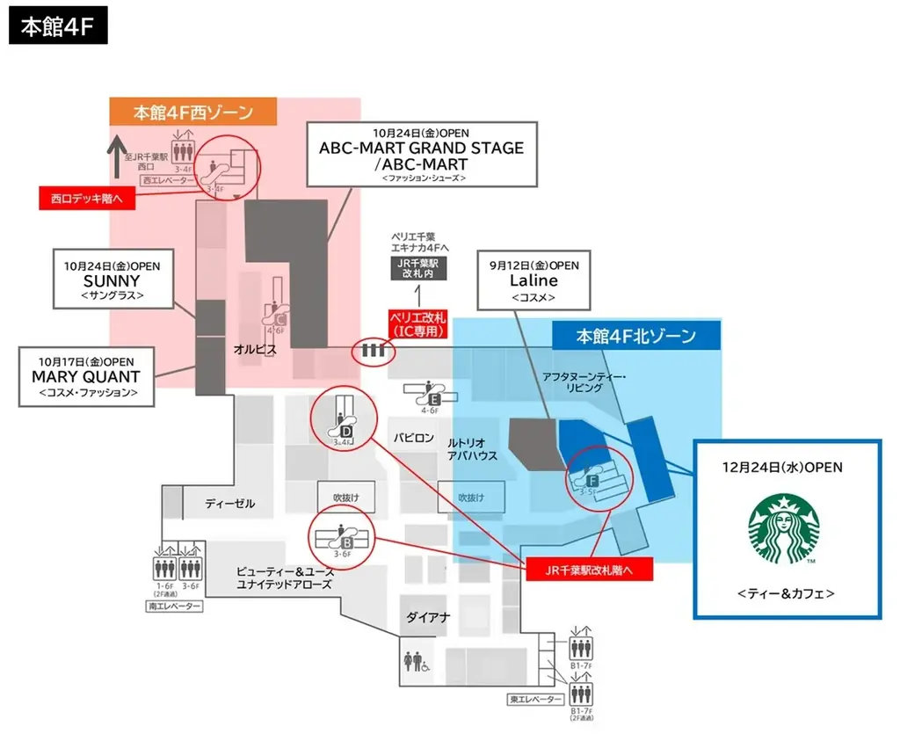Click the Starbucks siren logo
783,529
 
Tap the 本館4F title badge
58,26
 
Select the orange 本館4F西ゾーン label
193,113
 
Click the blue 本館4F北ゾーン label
636,336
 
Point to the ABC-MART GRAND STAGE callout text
421,148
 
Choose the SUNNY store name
112,280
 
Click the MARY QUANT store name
87,376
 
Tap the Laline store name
533,280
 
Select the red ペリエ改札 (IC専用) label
418,323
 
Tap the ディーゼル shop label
229,504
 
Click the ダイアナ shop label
428,617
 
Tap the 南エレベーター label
175,607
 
